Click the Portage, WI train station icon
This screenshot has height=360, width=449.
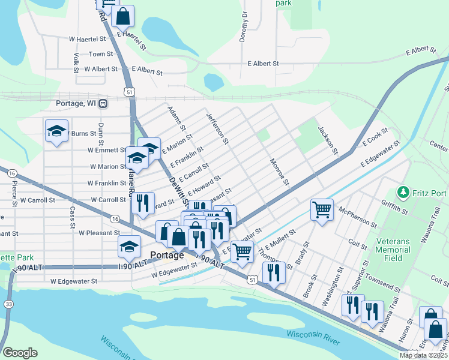[x=103, y=103]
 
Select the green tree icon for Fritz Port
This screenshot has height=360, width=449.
[x=403, y=193]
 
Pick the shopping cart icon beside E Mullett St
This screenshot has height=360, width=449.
[x=242, y=252]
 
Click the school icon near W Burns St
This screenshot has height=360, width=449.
[x=56, y=131]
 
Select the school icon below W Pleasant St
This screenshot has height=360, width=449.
[x=129, y=246]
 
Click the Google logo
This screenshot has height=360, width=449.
[x=20, y=353]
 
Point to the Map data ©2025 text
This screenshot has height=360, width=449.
[x=423, y=355]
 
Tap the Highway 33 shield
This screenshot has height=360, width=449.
[x=8, y=304]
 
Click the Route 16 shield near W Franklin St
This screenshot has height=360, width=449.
[x=12, y=173]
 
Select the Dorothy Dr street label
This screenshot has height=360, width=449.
[x=244, y=29]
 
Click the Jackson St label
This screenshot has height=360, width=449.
[x=328, y=139]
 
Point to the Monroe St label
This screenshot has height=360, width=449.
[x=280, y=172]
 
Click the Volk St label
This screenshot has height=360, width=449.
[x=76, y=62]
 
